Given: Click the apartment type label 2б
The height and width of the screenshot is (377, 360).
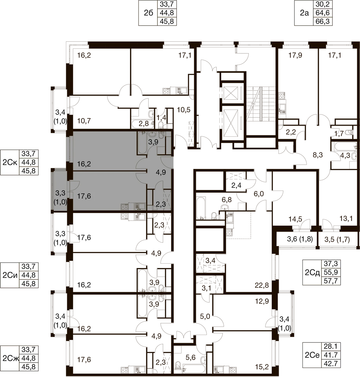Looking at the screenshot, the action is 148,13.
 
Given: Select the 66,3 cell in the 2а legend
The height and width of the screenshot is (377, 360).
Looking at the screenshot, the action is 322,21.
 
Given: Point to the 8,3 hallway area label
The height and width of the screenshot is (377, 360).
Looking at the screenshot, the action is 318,155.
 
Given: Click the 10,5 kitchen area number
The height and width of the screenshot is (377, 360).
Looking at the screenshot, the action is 184,110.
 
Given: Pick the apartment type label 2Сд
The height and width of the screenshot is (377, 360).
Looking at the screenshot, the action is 312,273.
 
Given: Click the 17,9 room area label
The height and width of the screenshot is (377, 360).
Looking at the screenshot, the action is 295,55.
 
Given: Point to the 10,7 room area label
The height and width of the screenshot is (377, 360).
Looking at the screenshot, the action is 84,121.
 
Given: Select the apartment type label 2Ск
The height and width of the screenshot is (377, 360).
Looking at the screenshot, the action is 10,162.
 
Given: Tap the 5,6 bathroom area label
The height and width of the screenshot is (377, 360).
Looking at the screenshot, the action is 191,357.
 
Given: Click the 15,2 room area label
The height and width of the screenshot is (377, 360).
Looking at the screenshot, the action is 262,367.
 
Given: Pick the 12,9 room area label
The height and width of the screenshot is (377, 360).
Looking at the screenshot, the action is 262,301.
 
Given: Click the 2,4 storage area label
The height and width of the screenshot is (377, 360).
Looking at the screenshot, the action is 236,186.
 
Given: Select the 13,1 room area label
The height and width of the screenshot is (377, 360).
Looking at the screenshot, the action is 346,219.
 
